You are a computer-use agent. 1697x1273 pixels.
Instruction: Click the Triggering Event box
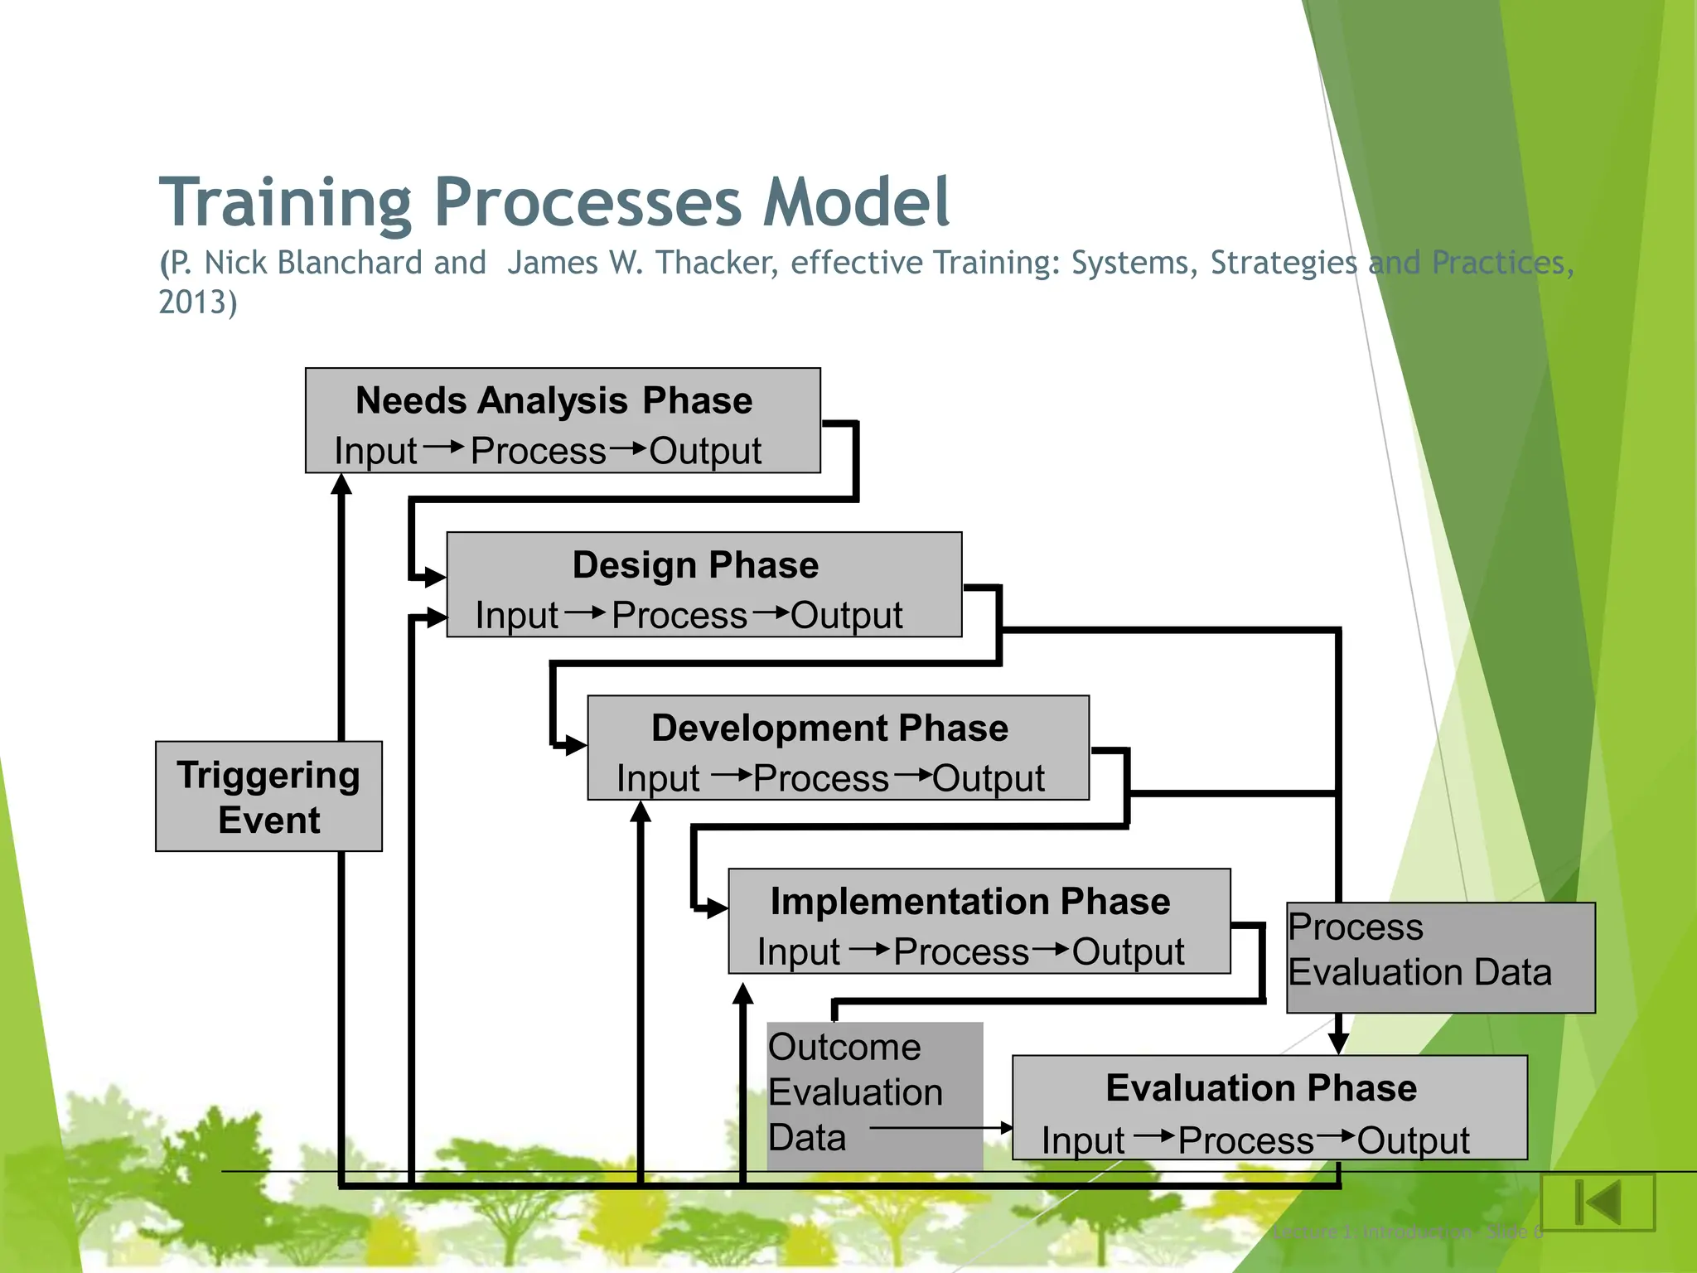coord(268,796)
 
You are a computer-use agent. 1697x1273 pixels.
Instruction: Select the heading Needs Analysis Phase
coord(554,401)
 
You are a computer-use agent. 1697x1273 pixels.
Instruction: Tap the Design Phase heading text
coord(695,565)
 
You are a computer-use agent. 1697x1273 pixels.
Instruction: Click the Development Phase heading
coord(829,728)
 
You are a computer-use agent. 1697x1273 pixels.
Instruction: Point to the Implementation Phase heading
coord(970,902)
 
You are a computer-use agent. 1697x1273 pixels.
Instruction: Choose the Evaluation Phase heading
coord(1261,1088)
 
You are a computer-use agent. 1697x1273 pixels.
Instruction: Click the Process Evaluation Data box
coord(1440,957)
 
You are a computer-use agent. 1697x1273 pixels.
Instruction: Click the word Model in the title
coord(856,202)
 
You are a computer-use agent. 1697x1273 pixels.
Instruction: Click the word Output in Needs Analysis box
coord(704,452)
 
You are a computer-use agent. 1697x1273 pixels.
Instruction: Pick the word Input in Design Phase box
coord(516,616)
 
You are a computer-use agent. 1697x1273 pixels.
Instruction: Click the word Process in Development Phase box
coord(821,779)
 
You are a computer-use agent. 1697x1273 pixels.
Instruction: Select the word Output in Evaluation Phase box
coord(1413,1141)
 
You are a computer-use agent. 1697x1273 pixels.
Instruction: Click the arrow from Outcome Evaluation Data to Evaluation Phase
coord(940,1128)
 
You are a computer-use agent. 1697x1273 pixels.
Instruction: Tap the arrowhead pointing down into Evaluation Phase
coord(1338,1043)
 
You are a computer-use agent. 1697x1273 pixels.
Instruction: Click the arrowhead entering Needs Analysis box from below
coord(341,484)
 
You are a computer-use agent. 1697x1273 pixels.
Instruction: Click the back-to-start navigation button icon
coord(1598,1202)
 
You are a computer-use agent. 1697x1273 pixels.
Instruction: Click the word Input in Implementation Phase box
coord(798,952)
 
